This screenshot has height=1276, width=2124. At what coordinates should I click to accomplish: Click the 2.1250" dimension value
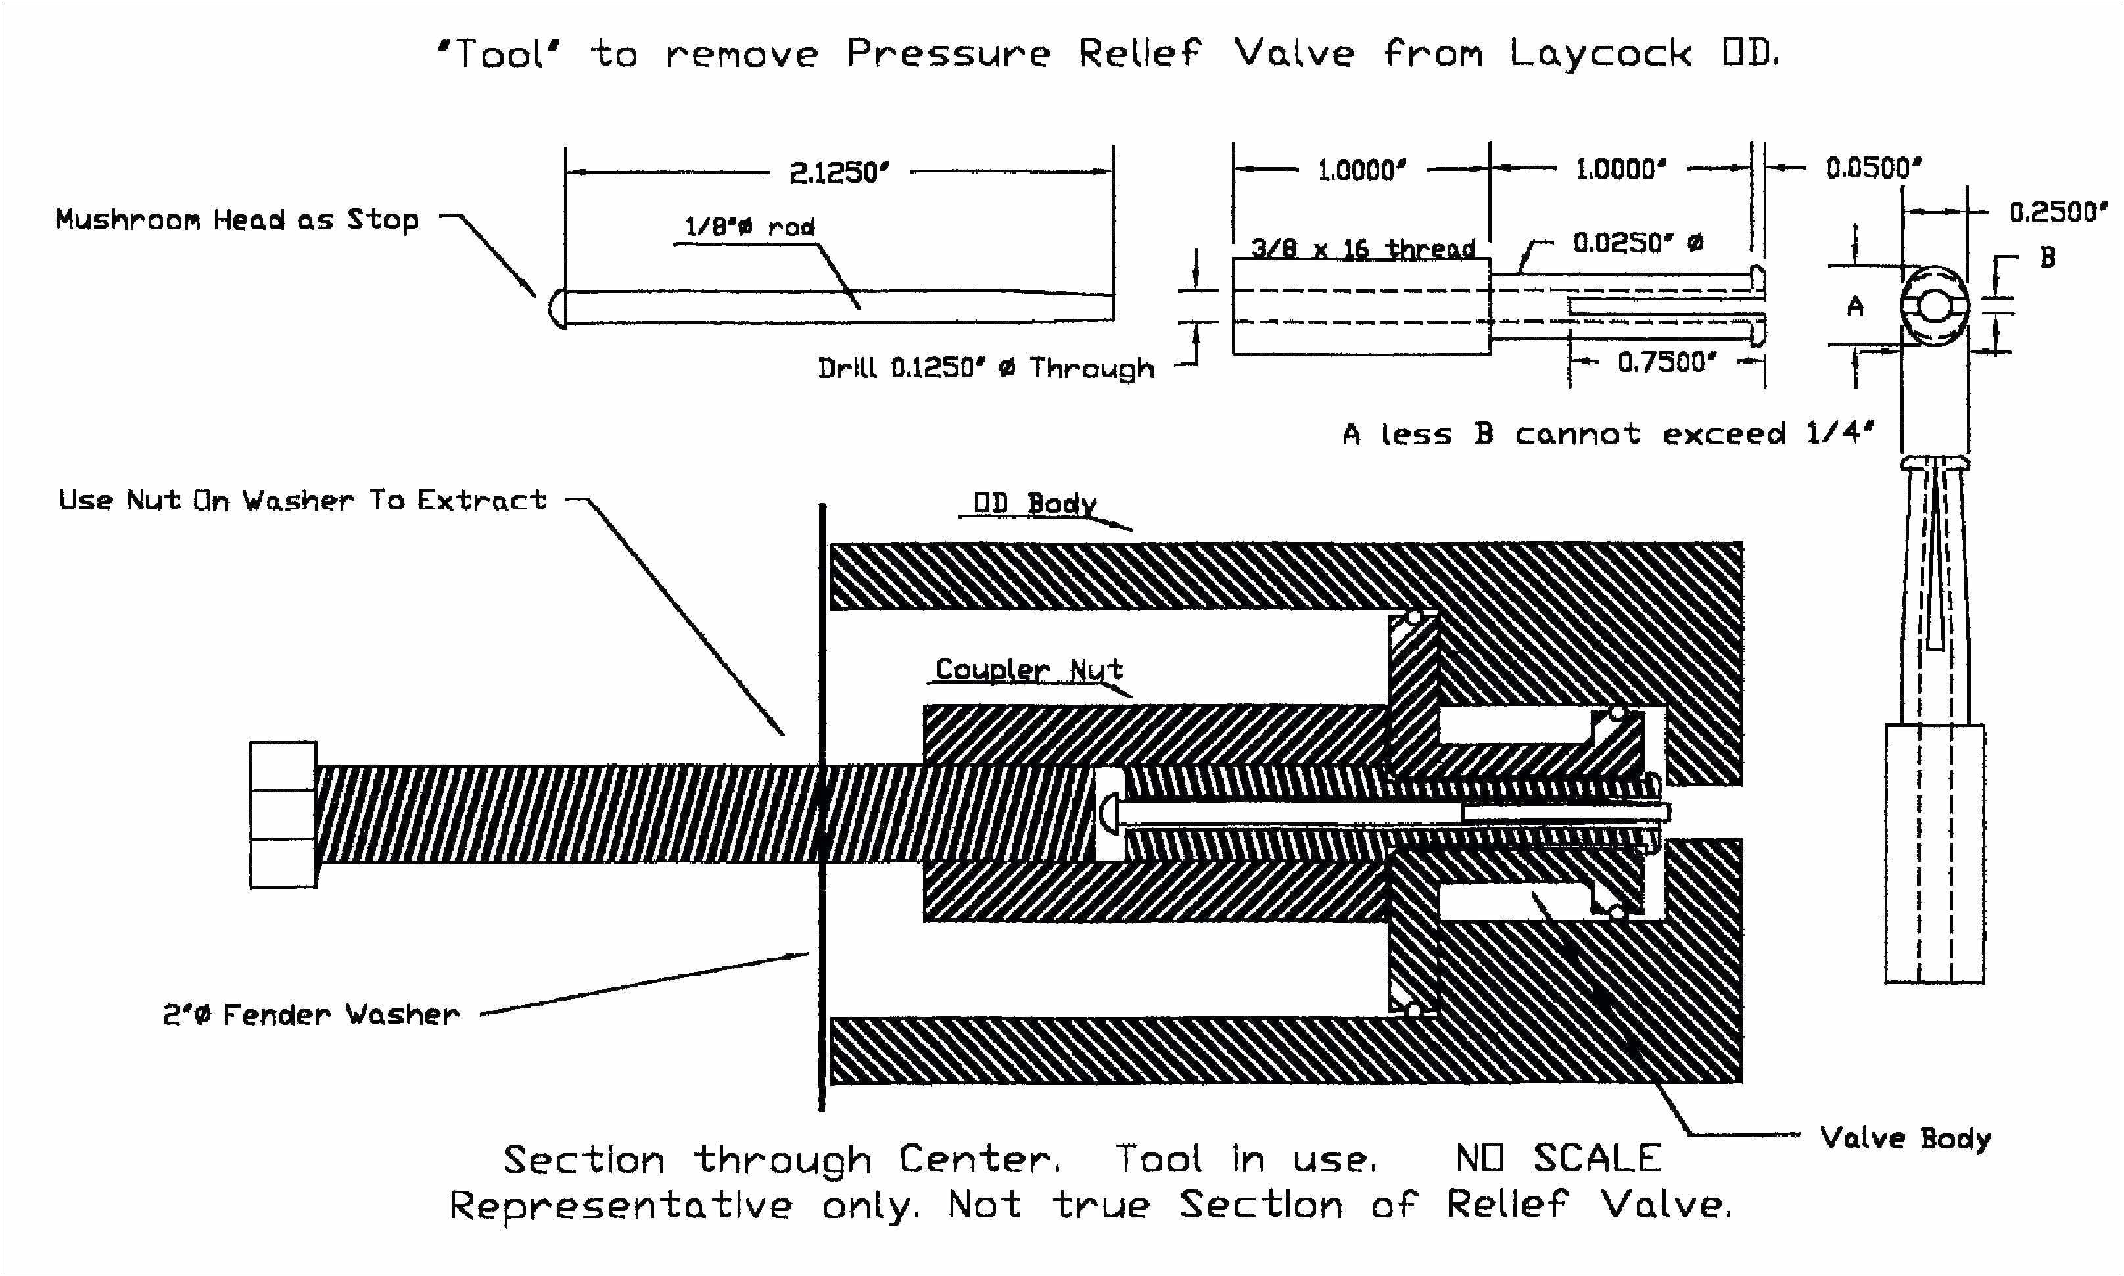[838, 173]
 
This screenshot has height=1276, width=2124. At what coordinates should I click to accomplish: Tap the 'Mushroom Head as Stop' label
[237, 220]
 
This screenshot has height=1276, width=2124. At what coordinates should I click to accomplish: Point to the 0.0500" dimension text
[1873, 168]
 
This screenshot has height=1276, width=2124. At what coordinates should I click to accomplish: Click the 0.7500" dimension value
[1666, 363]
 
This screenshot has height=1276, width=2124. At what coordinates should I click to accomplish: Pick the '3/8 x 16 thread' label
[1362, 249]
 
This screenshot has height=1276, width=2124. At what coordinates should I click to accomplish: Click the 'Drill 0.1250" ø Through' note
[986, 369]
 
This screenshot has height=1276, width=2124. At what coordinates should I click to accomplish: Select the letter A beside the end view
[1856, 306]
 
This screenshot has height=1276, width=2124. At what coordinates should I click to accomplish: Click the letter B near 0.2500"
[2048, 257]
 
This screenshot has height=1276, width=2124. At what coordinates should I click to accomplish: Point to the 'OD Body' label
[1034, 504]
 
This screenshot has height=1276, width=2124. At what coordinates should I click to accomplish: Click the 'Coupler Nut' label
[1029, 669]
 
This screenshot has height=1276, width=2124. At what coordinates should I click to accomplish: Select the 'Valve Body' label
[1905, 1139]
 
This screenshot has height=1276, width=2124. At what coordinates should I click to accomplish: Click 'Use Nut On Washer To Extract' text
[302, 500]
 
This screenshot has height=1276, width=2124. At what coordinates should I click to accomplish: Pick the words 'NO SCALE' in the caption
[1557, 1158]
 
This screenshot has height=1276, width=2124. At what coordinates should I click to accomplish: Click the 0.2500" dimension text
[2058, 212]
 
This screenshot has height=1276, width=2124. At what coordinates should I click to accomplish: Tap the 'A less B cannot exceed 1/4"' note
[1607, 433]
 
